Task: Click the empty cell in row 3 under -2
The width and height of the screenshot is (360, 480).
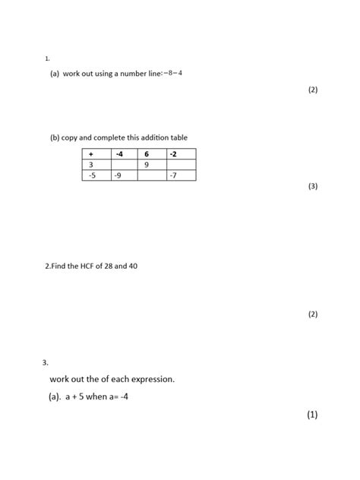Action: pos(182,165)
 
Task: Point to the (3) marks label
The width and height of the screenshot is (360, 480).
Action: pos(313,186)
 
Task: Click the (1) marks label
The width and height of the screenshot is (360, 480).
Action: pos(312,415)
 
